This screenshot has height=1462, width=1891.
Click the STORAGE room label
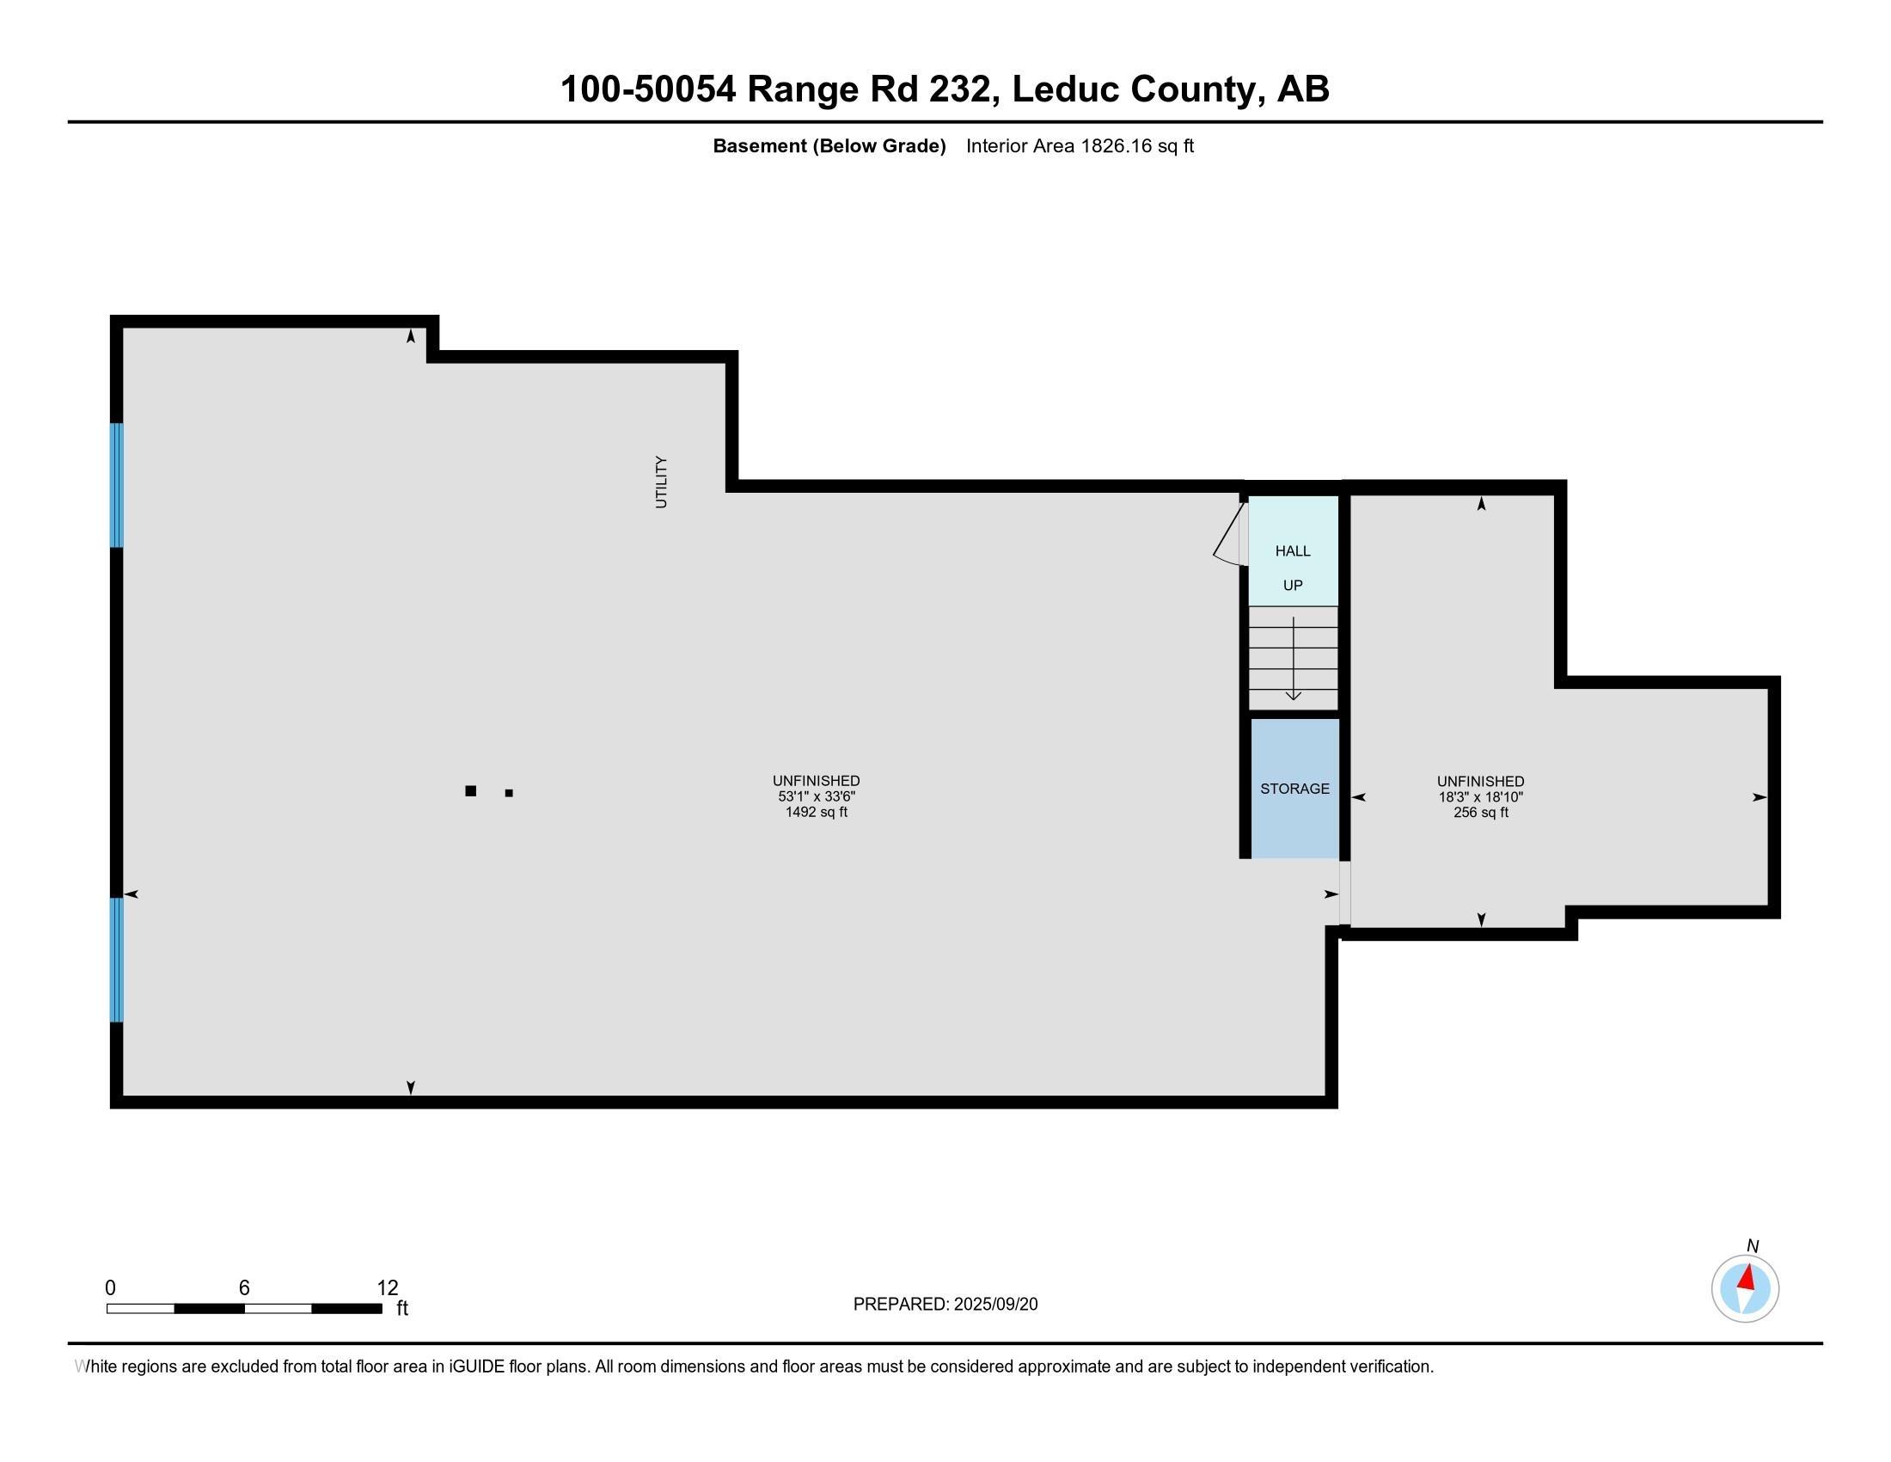tap(1294, 789)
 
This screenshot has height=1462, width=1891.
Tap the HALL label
tap(1293, 551)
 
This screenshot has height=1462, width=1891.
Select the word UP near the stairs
tap(1293, 586)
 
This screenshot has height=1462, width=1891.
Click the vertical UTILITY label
tap(662, 482)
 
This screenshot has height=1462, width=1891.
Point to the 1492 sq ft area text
tap(816, 813)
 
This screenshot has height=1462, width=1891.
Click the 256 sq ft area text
tap(1481, 813)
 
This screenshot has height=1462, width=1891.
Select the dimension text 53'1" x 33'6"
tap(816, 797)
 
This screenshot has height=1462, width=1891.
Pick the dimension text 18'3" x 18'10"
tap(1481, 797)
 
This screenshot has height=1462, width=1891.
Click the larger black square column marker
tap(471, 790)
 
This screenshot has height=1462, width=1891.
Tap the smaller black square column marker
tap(509, 793)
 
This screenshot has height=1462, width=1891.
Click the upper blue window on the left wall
tap(117, 485)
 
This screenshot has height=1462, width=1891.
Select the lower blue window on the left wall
tap(117, 960)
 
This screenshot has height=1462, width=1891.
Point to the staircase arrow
tap(1294, 658)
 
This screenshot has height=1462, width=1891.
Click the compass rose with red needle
tap(1745, 1289)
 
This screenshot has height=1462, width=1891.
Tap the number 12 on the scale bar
tap(387, 1288)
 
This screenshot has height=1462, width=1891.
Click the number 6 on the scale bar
tap(244, 1288)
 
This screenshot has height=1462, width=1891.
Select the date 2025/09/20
tap(994, 1305)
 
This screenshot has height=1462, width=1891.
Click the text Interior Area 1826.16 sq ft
tap(1080, 146)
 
